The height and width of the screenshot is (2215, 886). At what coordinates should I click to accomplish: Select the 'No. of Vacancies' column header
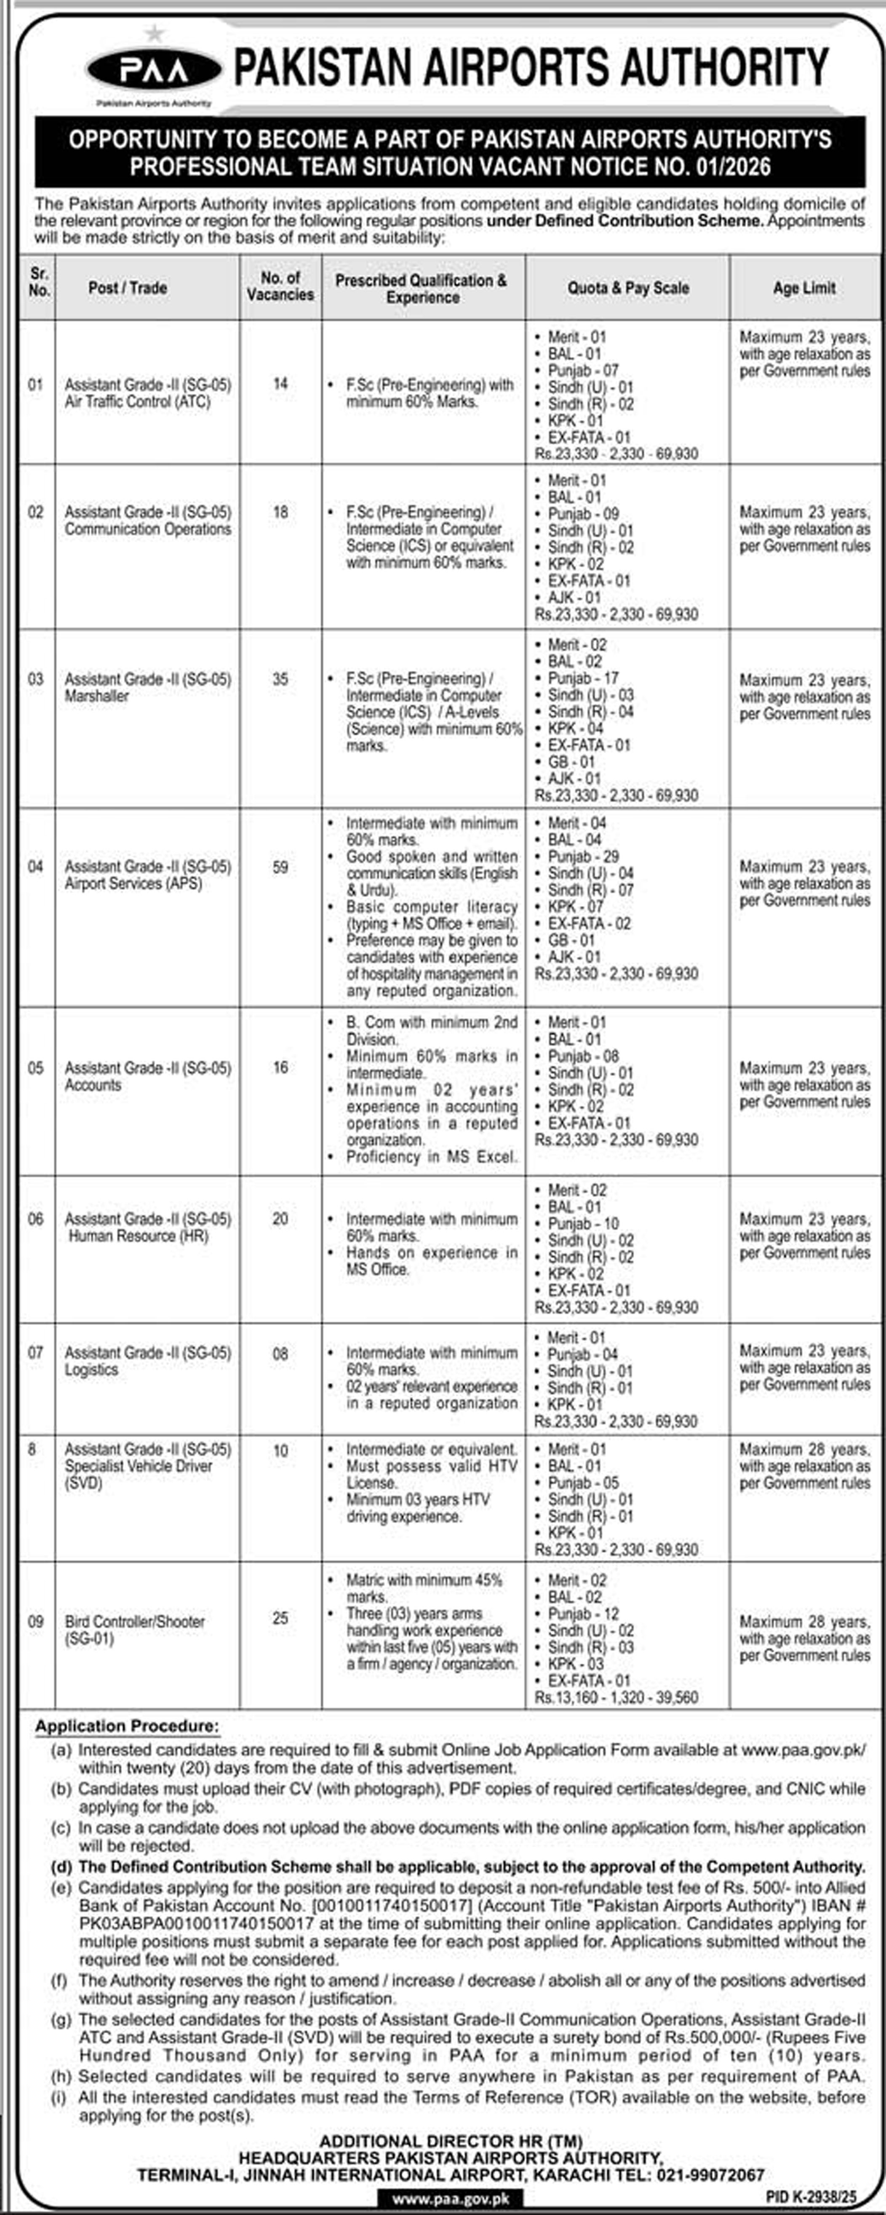[280, 286]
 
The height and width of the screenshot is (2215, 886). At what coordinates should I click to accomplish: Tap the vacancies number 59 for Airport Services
[280, 867]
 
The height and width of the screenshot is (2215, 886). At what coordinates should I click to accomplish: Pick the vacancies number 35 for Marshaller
[280, 679]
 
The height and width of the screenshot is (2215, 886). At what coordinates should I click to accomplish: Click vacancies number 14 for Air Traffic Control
[280, 384]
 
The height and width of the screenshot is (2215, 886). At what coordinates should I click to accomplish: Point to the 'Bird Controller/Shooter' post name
[135, 1622]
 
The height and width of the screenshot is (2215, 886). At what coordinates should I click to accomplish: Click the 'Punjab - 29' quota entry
[583, 857]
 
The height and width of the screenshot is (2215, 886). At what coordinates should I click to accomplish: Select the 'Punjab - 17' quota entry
[583, 678]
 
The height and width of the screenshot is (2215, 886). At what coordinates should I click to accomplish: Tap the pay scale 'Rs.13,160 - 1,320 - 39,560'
[616, 1697]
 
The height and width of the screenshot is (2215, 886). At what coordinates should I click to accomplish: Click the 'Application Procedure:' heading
[127, 1726]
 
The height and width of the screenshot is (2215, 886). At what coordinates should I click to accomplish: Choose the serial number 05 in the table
[35, 1068]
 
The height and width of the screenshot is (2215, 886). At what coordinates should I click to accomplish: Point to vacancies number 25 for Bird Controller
[280, 1618]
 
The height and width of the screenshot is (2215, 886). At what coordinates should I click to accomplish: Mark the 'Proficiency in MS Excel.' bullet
[432, 1157]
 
